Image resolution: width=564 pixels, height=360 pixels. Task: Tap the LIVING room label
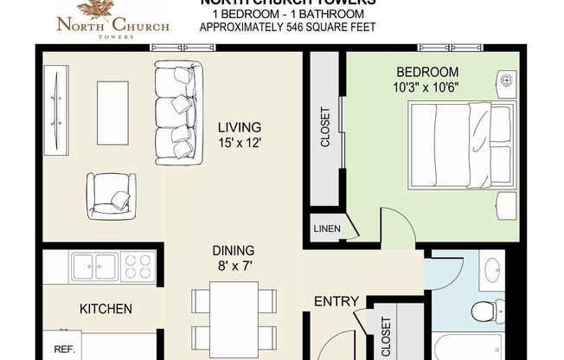pyautogui.click(x=239, y=128)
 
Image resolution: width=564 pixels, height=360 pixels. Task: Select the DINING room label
pyautogui.click(x=233, y=251)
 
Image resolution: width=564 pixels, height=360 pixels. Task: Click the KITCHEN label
pyautogui.click(x=106, y=309)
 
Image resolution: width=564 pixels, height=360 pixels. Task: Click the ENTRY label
pyautogui.click(x=336, y=301)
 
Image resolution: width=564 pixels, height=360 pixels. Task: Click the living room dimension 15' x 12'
pyautogui.click(x=239, y=144)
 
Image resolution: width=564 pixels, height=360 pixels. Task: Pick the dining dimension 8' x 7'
pyautogui.click(x=233, y=267)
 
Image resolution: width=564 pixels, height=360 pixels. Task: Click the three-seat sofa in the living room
pyautogui.click(x=175, y=112)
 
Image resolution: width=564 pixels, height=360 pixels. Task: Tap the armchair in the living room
pyautogui.click(x=111, y=195)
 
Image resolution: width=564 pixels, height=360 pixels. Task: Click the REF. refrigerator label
pyautogui.click(x=63, y=350)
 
